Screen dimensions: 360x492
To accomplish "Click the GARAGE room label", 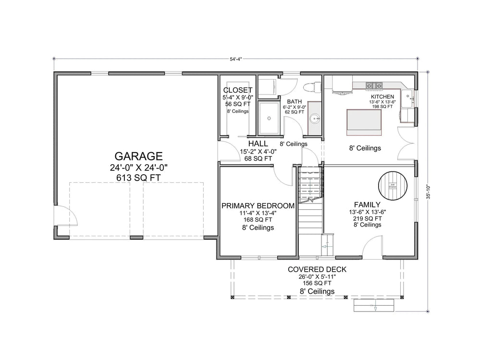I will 138,156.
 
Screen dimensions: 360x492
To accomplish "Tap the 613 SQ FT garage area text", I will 138,178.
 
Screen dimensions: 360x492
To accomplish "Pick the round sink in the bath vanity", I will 315,118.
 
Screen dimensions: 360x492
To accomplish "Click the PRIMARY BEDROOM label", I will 258,206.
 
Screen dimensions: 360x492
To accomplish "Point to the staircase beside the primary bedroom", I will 310,211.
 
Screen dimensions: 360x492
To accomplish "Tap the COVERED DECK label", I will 317,270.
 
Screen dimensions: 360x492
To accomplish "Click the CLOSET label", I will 238,90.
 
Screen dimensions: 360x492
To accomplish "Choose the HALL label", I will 258,144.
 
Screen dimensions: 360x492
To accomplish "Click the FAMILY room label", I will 367,204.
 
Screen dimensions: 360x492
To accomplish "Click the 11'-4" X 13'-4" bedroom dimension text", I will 258,213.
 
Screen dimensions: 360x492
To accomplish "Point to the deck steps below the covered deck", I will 374,305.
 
